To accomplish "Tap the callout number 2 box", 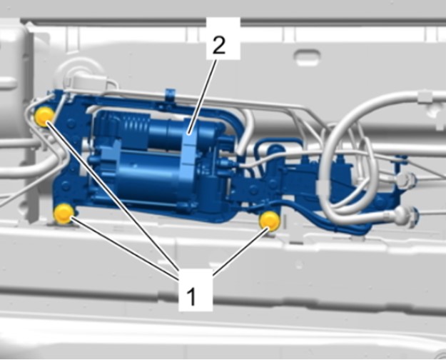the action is (223, 39).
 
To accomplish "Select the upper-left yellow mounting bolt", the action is (44, 116).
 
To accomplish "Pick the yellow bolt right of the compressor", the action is (270, 221).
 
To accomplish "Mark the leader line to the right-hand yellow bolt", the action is (240, 251).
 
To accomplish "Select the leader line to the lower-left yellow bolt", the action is (125, 246).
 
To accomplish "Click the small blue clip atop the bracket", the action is (170, 94).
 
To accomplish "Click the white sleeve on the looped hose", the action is (325, 189).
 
